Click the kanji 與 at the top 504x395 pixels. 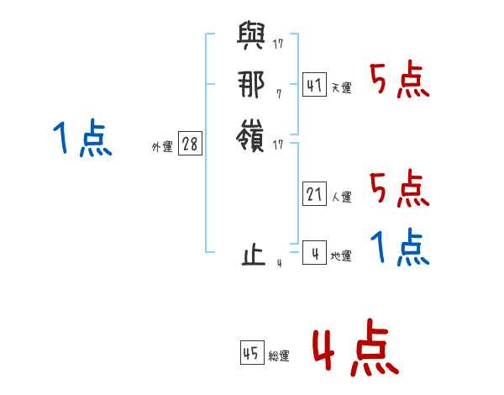(x=250, y=39)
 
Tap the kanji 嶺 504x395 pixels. (x=250, y=135)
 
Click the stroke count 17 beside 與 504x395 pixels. (x=278, y=44)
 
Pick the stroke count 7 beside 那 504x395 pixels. (x=278, y=93)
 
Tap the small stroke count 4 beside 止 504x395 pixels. (x=278, y=263)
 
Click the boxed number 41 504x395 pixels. (x=314, y=85)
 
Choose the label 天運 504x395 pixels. (x=341, y=88)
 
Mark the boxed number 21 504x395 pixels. (x=314, y=194)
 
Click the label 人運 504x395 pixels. (x=341, y=197)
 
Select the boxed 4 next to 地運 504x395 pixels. (x=314, y=253)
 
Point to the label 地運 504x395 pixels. (x=341, y=256)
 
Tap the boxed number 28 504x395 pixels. (x=190, y=144)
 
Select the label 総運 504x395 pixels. (x=279, y=356)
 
